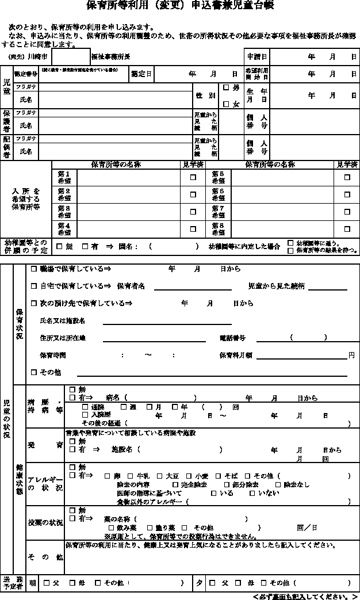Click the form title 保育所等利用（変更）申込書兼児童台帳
(x=179, y=6)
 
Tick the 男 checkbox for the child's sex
(x=227, y=88)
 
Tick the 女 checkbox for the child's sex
(x=227, y=104)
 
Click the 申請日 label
(x=256, y=57)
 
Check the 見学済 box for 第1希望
(x=193, y=178)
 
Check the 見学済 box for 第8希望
(x=347, y=228)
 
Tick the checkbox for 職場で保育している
(x=33, y=269)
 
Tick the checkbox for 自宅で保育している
(x=33, y=286)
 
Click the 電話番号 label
(x=232, y=338)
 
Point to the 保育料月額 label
(x=236, y=356)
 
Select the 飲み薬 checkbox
(x=112, y=528)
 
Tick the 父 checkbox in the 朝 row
(x=47, y=583)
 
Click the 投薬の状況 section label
(x=45, y=523)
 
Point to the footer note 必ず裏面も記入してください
(x=305, y=596)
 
